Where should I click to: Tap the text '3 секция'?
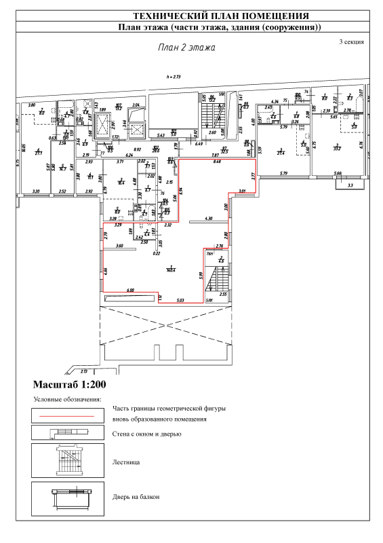coord(351,42)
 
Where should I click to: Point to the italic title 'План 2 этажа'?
coord(186,48)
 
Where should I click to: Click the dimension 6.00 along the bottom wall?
coord(131,290)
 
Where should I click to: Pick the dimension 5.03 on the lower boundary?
coord(180,299)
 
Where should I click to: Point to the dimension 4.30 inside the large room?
coord(209,218)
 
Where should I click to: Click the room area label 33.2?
coord(336,147)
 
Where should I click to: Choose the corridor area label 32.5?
coord(224,150)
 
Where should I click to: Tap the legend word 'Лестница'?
coord(125,462)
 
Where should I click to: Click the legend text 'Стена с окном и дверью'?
coord(145,433)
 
